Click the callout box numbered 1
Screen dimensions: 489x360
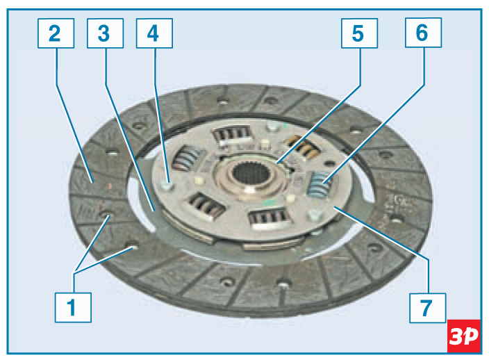(73, 307)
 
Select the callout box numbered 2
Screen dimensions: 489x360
(56, 33)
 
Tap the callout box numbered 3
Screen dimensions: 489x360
(105, 33)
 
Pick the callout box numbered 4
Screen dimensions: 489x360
(154, 33)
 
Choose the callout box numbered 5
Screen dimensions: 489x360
(359, 33)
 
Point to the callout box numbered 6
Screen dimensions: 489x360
(423, 33)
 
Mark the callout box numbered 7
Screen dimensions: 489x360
(428, 308)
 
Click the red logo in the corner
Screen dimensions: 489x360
(464, 336)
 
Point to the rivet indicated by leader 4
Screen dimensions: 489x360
(167, 186)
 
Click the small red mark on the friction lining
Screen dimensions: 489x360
(109, 186)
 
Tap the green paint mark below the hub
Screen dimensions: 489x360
(268, 202)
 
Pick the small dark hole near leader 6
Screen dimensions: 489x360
(330, 163)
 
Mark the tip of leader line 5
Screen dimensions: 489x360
(277, 163)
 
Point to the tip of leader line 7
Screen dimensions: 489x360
(333, 206)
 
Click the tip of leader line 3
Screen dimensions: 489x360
(154, 211)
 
